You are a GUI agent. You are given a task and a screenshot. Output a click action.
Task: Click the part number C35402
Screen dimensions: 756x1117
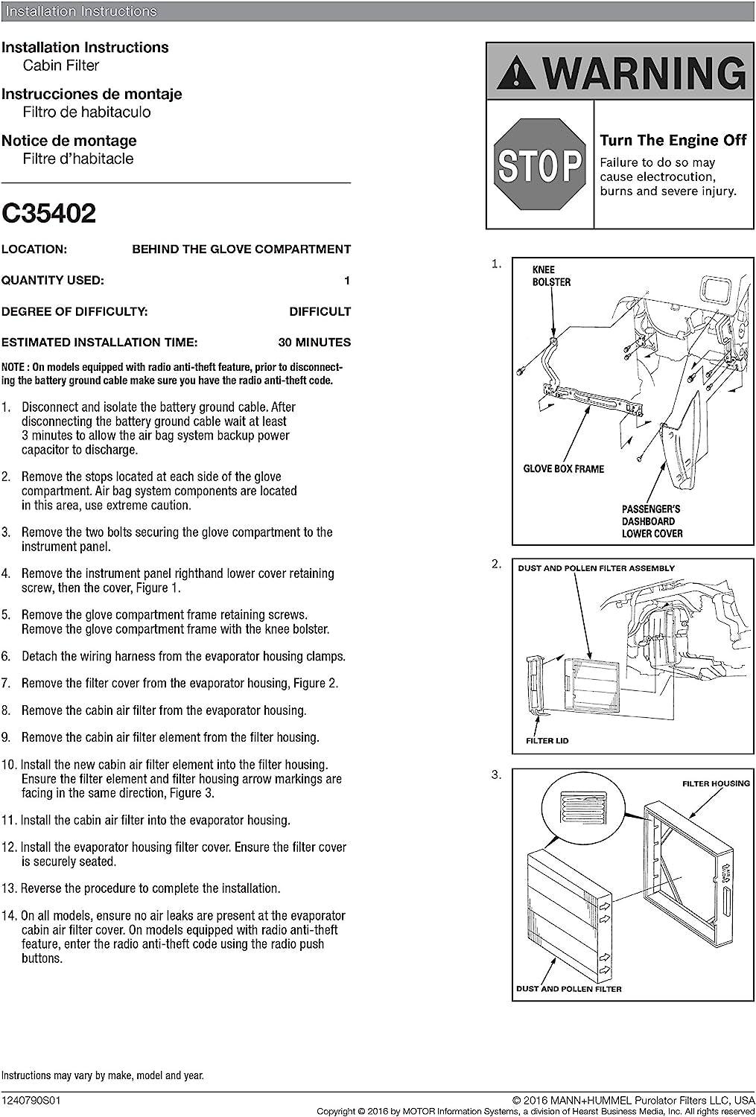coord(48,214)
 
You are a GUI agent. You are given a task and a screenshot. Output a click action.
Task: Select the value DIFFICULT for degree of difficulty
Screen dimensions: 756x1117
coord(320,312)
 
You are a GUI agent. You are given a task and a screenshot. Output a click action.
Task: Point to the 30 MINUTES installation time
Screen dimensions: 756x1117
coord(314,343)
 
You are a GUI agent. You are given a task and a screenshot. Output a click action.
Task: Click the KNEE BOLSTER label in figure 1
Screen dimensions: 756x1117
coord(551,276)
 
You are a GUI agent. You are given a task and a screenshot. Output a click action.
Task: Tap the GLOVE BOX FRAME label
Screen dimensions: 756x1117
coord(564,468)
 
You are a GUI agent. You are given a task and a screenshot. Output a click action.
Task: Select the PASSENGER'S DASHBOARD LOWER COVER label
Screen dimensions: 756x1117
coord(652,521)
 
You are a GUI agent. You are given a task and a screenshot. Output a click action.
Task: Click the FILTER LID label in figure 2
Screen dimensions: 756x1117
coord(547,740)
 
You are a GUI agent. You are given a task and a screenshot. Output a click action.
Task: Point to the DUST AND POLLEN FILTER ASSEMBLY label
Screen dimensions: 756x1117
coord(596,568)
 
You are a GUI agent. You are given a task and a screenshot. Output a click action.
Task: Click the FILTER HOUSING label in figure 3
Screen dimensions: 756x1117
coord(716,783)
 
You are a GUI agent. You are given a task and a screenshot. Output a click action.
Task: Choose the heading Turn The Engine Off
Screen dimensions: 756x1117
coord(673,140)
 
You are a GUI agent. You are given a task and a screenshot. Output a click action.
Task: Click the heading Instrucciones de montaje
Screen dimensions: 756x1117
coord(92,95)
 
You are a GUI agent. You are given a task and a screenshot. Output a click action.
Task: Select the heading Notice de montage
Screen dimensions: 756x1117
coord(69,141)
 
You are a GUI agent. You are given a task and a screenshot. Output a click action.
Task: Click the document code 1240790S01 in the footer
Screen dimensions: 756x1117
coord(31,1101)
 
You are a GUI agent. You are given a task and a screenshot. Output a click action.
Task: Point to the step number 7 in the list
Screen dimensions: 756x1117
coord(6,683)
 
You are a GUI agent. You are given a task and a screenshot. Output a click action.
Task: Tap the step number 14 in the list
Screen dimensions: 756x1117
coord(10,915)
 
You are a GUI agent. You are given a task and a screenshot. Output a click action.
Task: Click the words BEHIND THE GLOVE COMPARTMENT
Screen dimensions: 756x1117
coord(241,249)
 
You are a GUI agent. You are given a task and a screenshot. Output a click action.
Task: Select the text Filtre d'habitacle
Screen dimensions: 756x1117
coord(78,159)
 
